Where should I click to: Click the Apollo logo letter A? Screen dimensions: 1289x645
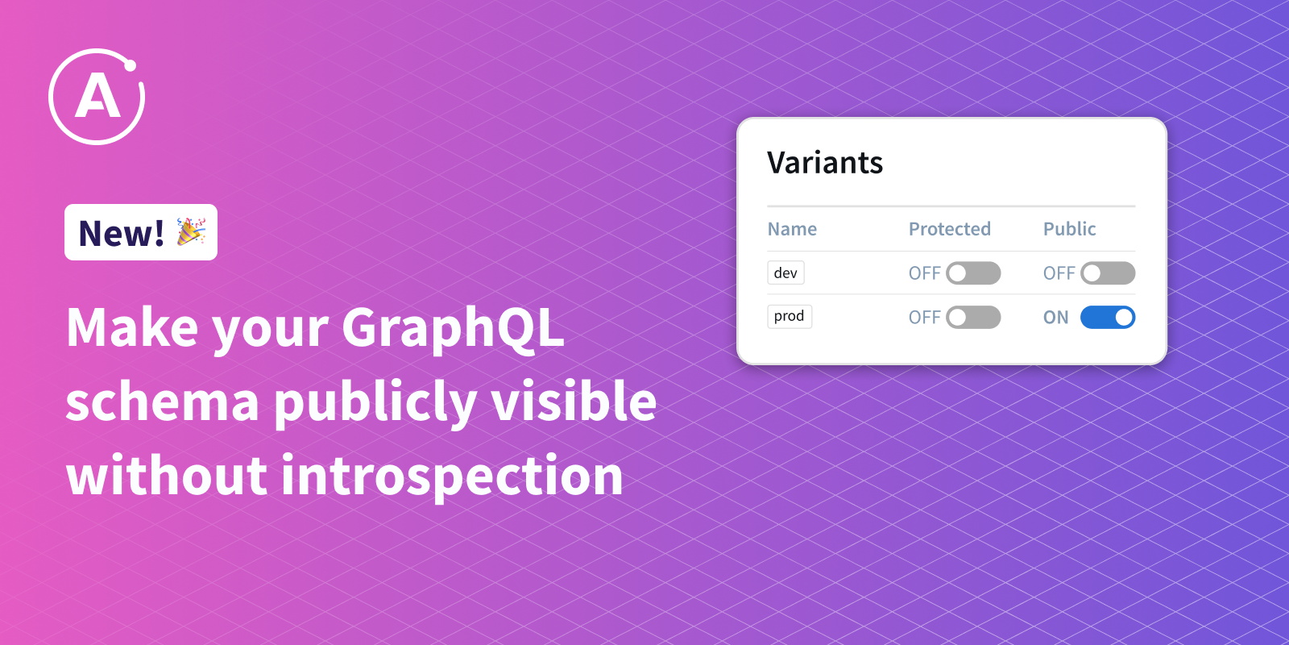click(x=97, y=98)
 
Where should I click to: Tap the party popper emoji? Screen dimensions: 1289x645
click(x=191, y=231)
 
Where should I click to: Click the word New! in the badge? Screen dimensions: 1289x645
click(x=122, y=233)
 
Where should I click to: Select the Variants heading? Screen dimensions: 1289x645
click(x=825, y=162)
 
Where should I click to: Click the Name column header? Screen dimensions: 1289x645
click(x=792, y=229)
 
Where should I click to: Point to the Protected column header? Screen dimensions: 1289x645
click(x=950, y=229)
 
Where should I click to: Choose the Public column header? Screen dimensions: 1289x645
click(x=1069, y=229)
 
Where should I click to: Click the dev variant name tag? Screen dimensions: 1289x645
click(x=785, y=273)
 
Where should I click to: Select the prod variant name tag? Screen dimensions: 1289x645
click(x=790, y=316)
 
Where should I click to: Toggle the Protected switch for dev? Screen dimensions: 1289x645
click(x=973, y=273)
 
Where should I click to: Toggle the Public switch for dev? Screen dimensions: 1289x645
click(x=1108, y=273)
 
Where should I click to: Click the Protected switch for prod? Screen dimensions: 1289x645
click(x=973, y=318)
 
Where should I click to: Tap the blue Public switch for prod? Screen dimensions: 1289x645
click(x=1108, y=318)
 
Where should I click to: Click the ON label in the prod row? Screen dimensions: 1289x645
click(x=1056, y=318)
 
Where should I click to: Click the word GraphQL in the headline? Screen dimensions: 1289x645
click(x=453, y=329)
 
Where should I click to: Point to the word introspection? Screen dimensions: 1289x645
click(x=452, y=476)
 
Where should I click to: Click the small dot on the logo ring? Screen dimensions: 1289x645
click(x=130, y=65)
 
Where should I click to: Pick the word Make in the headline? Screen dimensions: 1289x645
click(x=132, y=327)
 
